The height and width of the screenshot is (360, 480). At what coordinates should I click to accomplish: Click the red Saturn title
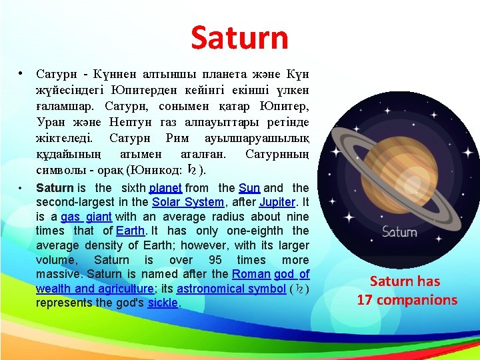[x=239, y=38]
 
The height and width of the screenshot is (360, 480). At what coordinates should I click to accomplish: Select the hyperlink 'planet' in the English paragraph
[x=166, y=188]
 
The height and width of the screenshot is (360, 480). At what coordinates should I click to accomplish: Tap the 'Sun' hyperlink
[x=249, y=188]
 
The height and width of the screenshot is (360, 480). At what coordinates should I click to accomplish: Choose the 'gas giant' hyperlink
[x=86, y=217]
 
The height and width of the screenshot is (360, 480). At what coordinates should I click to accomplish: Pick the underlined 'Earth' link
[x=130, y=231]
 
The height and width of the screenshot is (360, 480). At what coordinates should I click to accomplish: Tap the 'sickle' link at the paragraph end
[x=163, y=303]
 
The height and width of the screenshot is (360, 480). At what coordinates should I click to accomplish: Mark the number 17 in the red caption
[x=365, y=300]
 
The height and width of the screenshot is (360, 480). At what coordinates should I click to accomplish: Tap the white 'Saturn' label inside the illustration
[x=399, y=233]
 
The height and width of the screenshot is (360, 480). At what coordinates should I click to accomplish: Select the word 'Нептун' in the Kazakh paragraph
[x=131, y=122]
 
